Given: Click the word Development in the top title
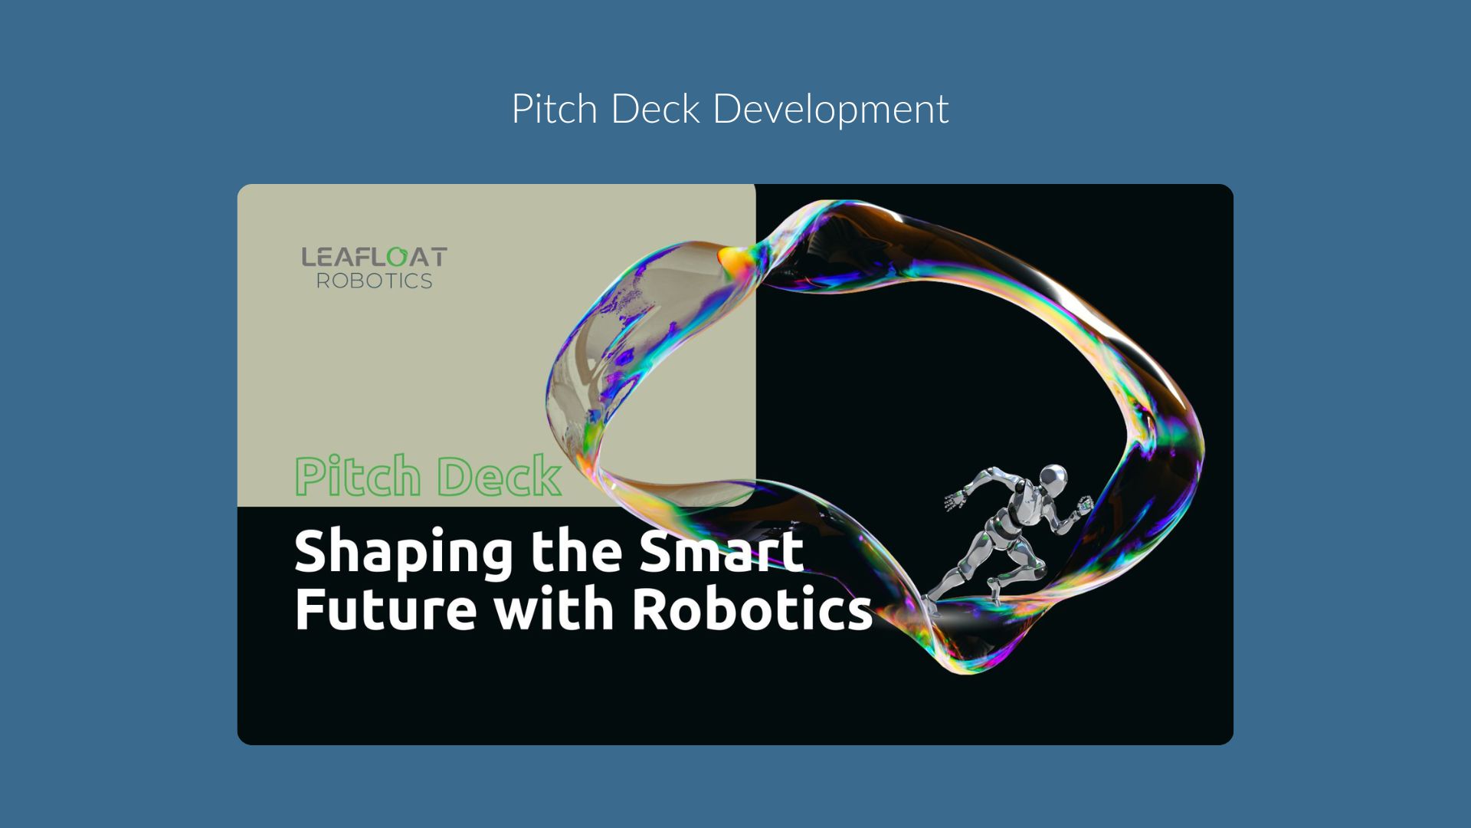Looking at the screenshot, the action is pyautogui.click(x=831, y=110).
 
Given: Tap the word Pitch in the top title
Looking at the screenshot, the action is pyautogui.click(x=554, y=108).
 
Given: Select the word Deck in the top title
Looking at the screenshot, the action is pyautogui.click(x=655, y=108).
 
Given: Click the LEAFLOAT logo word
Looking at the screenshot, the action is pyautogui.click(x=374, y=257).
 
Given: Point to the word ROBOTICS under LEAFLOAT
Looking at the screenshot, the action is pyautogui.click(x=375, y=281).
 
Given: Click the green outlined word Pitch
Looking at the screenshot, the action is pyautogui.click(x=358, y=477).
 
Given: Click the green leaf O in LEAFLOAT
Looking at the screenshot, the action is pyautogui.click(x=397, y=257).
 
